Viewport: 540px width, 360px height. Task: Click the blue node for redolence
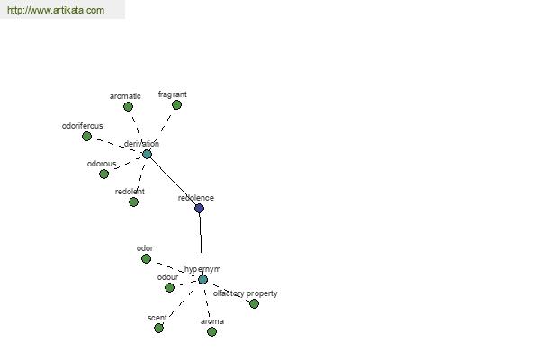point(200,208)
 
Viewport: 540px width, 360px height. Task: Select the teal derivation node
point(147,154)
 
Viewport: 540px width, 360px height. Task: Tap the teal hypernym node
point(202,279)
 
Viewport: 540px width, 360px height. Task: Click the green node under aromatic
point(128,107)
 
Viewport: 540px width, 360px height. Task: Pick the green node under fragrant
point(176,104)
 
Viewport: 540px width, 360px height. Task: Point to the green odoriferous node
point(86,137)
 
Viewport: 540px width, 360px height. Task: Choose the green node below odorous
point(104,174)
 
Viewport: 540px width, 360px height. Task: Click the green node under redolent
point(133,202)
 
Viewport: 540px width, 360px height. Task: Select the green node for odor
point(147,258)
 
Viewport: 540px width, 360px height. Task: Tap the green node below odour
point(169,287)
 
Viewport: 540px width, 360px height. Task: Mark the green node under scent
point(158,328)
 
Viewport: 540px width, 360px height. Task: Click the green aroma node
point(211,331)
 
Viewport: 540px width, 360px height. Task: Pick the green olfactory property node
point(254,303)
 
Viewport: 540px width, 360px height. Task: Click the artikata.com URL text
point(56,10)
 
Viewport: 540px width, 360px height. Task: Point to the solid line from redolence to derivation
point(173,181)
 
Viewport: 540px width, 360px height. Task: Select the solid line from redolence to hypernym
point(201,244)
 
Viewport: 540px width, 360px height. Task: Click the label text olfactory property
point(245,293)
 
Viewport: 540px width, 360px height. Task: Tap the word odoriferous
point(82,126)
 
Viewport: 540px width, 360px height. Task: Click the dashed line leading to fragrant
point(162,130)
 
